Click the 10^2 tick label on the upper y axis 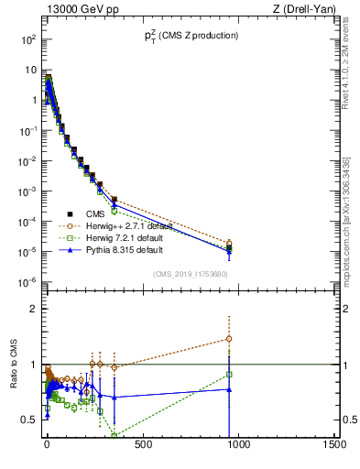pos(25,39)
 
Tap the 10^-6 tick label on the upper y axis pos(25,280)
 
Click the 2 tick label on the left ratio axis pos(30,309)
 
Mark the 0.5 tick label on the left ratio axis pos(27,420)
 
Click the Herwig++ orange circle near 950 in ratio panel pos(229,339)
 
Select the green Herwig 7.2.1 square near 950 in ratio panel pos(229,374)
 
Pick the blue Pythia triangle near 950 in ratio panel pos(229,389)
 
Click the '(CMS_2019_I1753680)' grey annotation pos(190,273)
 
